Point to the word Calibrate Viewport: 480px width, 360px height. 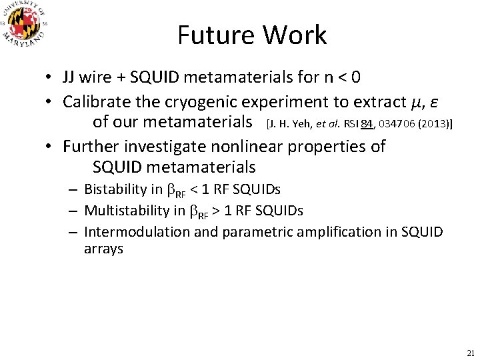[x=95, y=101]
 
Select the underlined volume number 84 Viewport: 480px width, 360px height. [x=367, y=123]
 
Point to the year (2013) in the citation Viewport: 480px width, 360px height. [x=434, y=123]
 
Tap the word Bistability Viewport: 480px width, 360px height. [x=114, y=189]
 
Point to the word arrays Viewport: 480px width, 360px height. [x=103, y=249]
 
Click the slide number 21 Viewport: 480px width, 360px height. [x=469, y=353]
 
